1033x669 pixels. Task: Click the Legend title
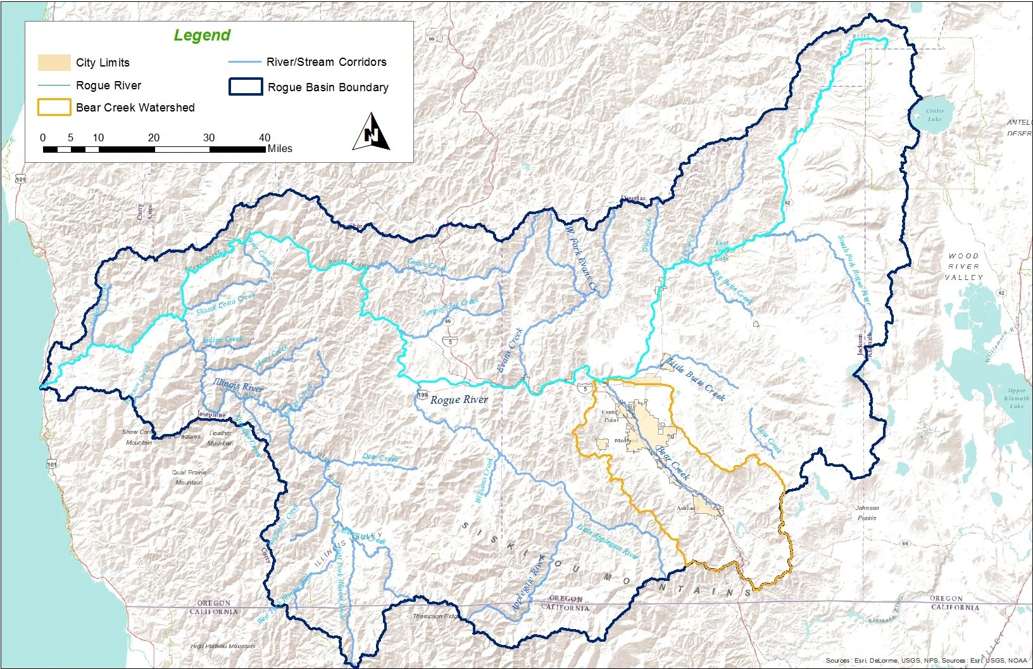click(x=202, y=35)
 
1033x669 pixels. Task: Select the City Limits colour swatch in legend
click(x=54, y=62)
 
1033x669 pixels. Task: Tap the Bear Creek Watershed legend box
click(x=54, y=107)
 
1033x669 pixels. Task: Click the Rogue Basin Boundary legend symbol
click(x=246, y=87)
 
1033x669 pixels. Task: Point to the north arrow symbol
click(x=372, y=132)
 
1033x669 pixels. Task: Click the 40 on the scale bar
click(x=265, y=137)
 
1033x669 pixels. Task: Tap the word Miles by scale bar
click(x=280, y=149)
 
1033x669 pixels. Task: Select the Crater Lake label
click(x=935, y=115)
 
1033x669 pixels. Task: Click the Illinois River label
click(x=237, y=385)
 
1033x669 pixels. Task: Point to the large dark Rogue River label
click(x=459, y=400)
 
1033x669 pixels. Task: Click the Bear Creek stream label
click(x=672, y=462)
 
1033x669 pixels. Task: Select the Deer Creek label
click(x=380, y=457)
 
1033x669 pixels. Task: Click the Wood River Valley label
click(x=963, y=267)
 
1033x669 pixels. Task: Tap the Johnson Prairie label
click(x=867, y=513)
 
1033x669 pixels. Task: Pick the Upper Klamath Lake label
click(x=1017, y=398)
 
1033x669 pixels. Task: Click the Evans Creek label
click(x=509, y=350)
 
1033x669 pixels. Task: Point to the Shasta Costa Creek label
click(x=225, y=302)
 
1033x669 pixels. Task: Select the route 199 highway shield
click(x=422, y=395)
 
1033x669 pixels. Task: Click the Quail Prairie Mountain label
click(x=189, y=477)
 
